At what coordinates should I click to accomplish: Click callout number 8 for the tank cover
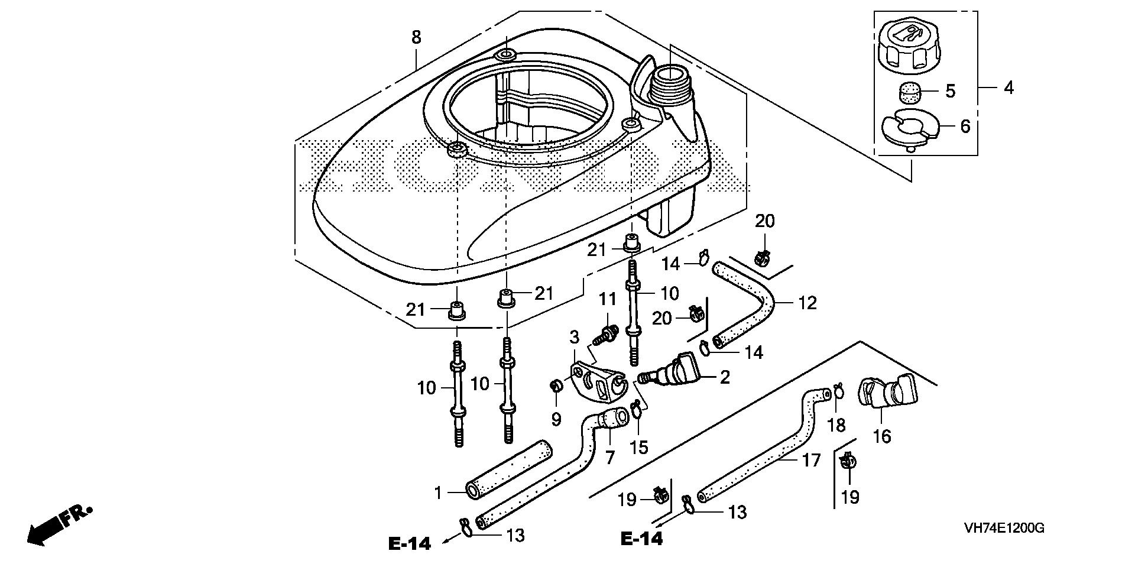(416, 38)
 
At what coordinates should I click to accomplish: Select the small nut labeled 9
(556, 387)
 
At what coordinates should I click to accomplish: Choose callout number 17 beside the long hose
(811, 459)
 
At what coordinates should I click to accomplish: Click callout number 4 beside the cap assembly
(1008, 88)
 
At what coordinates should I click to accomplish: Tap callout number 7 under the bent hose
(609, 457)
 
